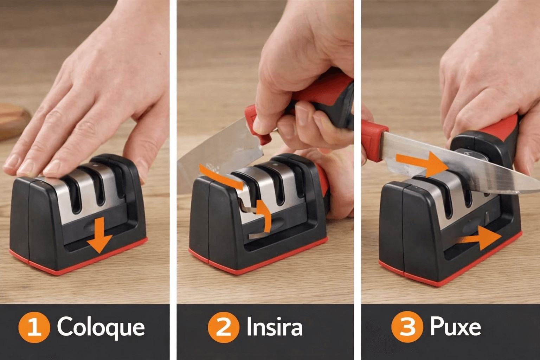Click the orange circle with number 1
(x=34, y=327)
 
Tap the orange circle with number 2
(x=224, y=327)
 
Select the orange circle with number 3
(x=407, y=327)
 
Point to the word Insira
(x=275, y=327)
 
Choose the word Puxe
(x=455, y=327)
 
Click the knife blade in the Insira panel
(x=217, y=157)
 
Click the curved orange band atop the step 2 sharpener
(x=220, y=175)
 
